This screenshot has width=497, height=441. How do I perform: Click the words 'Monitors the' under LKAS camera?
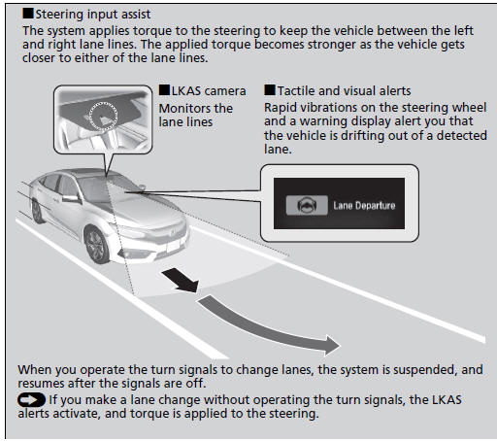click(x=195, y=108)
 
